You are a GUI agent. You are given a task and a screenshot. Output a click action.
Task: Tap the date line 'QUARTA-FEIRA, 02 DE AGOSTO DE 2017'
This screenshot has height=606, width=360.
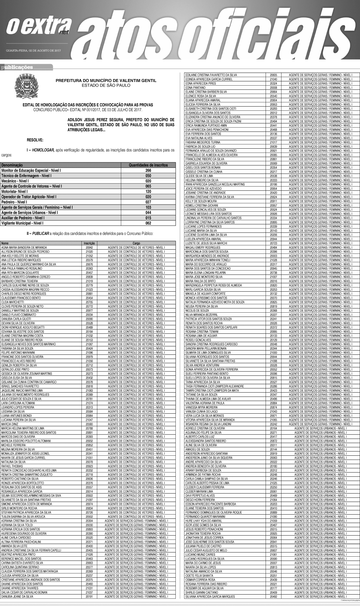click(31, 51)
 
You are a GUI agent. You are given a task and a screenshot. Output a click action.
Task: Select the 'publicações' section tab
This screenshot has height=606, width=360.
click(17, 68)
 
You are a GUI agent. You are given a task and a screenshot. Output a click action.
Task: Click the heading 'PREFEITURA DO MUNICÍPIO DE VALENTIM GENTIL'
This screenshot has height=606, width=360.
click(106, 80)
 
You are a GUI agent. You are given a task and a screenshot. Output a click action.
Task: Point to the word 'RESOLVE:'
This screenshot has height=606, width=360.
click(35, 140)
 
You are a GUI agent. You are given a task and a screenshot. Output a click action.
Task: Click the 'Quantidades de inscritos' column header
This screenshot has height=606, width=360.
click(148, 165)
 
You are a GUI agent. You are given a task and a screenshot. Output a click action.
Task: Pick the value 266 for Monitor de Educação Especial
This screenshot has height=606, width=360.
click(148, 171)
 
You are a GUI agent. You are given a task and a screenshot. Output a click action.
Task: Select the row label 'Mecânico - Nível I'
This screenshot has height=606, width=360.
click(15, 181)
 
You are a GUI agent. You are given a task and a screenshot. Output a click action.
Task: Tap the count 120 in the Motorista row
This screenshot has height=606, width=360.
click(148, 191)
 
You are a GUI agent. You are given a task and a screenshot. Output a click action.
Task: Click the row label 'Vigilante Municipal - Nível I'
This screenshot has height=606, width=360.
click(22, 223)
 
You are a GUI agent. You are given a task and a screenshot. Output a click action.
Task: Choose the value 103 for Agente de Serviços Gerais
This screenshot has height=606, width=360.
click(148, 207)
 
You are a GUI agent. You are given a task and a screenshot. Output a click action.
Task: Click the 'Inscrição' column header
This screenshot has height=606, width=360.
click(89, 243)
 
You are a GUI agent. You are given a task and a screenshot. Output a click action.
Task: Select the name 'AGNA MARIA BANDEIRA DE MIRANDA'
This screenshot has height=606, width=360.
click(24, 248)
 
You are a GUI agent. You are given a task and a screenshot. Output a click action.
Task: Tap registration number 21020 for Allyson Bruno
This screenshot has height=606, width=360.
click(89, 252)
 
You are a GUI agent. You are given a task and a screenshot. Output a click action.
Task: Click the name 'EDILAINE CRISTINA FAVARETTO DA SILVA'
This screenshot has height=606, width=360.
click(211, 75)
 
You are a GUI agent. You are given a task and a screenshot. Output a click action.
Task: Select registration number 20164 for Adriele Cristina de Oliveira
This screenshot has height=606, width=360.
click(273, 428)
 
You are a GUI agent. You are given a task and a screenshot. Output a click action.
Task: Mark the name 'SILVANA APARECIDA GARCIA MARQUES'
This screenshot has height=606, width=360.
click(210, 597)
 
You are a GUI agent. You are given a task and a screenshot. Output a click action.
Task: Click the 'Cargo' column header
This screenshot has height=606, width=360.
click(136, 243)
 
